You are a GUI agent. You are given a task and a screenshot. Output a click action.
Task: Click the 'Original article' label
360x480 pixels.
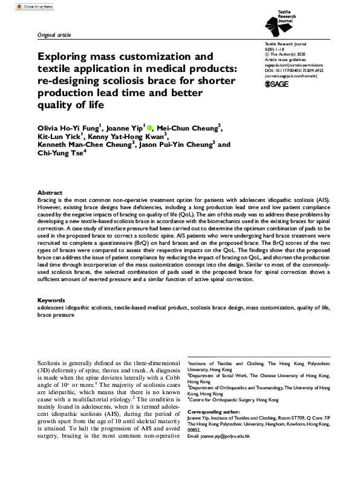tap(55, 36)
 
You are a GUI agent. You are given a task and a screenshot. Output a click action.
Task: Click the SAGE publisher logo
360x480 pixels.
tap(277, 85)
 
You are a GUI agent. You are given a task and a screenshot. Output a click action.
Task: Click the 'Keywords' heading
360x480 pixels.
tap(52, 300)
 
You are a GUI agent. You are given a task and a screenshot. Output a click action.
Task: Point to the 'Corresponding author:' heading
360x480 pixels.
tap(215, 410)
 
